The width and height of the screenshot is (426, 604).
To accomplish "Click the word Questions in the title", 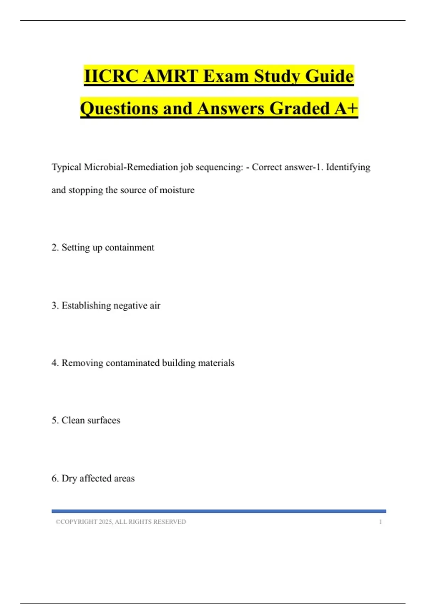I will [x=119, y=108].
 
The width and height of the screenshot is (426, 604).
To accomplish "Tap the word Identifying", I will [x=348, y=167].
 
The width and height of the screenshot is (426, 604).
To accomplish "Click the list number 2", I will [x=55, y=248].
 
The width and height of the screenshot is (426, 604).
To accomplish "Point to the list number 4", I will [x=55, y=363].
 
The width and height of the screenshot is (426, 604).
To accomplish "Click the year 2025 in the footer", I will [x=105, y=522].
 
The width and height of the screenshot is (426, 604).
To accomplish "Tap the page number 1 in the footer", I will [x=380, y=522].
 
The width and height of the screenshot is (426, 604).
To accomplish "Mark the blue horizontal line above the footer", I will [x=219, y=511].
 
